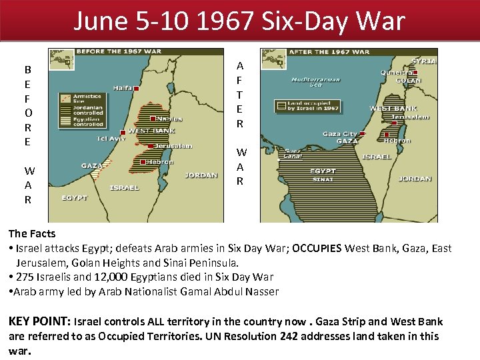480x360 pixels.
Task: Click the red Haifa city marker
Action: click(136, 88)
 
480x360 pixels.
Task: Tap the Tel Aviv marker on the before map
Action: click(122, 132)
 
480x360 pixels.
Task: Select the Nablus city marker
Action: click(153, 118)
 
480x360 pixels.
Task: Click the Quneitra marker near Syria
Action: click(414, 73)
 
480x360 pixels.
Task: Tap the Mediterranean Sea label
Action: click(315, 82)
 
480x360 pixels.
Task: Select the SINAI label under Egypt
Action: click(323, 179)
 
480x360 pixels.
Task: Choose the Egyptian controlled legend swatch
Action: click(63, 121)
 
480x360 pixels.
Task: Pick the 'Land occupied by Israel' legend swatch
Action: click(281, 105)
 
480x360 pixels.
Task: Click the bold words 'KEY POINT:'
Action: click(39, 321)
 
